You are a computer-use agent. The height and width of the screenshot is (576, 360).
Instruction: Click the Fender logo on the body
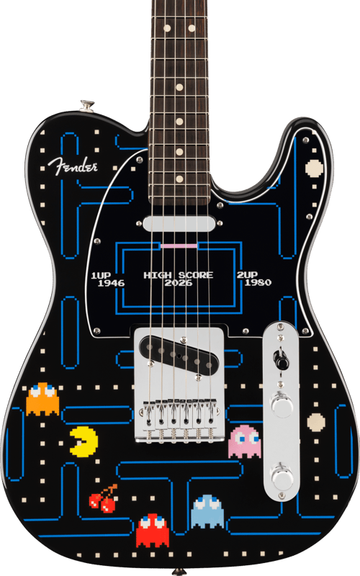point(73,166)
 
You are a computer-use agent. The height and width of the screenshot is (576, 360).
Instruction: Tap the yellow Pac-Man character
point(84,441)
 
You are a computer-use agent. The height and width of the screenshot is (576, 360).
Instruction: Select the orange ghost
point(42,400)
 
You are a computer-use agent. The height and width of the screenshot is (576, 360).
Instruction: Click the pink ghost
point(244,442)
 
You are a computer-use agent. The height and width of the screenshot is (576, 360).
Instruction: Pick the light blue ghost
point(207,512)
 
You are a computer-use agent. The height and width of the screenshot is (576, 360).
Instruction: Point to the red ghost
point(153,530)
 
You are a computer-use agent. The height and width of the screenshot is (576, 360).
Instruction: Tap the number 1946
point(112,283)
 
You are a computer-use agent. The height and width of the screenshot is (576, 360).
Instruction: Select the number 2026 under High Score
point(178,283)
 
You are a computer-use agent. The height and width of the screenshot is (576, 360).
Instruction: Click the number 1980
point(258,282)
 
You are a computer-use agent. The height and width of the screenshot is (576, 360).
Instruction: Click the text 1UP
point(101,275)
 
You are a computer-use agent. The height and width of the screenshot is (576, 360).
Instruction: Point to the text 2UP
point(247,275)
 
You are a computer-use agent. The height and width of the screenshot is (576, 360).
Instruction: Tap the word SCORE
point(196,275)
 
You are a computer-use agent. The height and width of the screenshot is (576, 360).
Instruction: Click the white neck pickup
point(179,224)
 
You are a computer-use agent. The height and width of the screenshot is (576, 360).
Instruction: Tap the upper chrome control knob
point(281,405)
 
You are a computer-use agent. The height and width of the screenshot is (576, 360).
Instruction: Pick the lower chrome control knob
point(282,476)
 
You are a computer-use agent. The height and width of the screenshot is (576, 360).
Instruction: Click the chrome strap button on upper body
point(87,105)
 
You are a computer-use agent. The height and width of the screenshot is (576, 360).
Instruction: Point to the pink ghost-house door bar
point(179,245)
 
